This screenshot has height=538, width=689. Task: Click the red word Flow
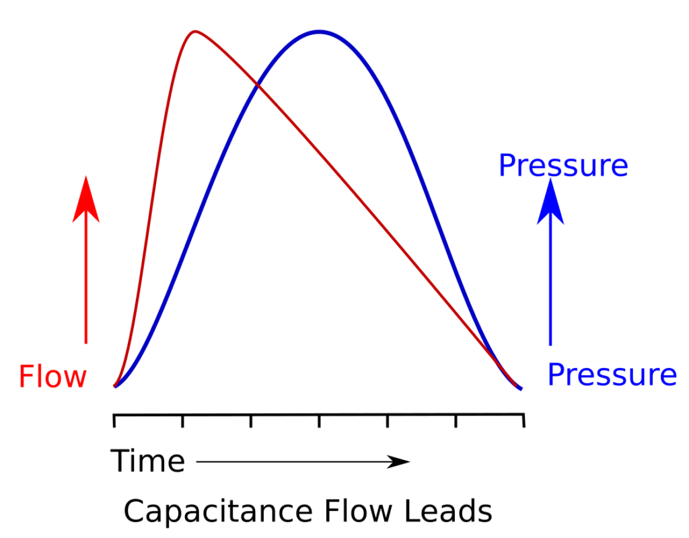pos(52,377)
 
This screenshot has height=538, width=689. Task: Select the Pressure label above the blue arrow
pos(563,166)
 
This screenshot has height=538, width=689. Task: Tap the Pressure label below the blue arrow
pos(611,375)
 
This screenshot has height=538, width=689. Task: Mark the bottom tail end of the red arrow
pos(86,343)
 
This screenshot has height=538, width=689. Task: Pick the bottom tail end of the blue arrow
pos(550,346)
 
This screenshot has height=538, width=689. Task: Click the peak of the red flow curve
pos(195,31)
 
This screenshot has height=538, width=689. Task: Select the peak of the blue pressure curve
pos(319,31)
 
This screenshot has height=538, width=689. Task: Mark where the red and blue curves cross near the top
pos(257,83)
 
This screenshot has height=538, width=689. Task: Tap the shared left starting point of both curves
pos(115,387)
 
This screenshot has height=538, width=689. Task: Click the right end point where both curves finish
pos(520,388)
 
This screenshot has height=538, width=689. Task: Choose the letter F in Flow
pos(26,377)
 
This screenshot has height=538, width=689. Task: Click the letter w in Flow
pos(75,379)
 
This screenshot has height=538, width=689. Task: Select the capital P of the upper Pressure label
pos(505,166)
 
